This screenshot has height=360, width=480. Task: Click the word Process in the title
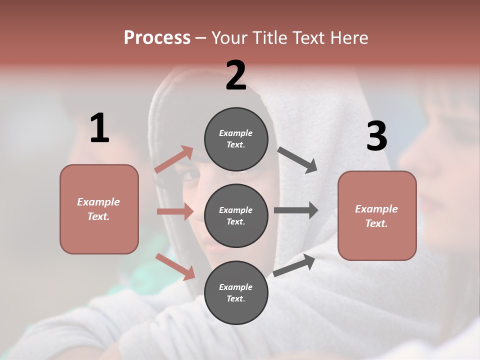click(157, 38)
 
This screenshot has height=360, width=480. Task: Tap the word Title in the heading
click(270, 38)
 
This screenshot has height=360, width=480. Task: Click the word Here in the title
click(347, 38)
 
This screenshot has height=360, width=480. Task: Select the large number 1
click(99, 128)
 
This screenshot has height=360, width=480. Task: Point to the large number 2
click(236, 75)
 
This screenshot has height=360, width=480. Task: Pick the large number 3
click(376, 136)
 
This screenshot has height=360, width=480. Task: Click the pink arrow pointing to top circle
click(174, 159)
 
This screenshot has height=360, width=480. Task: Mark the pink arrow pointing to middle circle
click(175, 211)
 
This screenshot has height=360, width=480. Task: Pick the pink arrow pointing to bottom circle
click(175, 266)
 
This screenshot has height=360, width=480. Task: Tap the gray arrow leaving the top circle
click(297, 159)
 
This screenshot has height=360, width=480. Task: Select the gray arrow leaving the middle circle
click(296, 210)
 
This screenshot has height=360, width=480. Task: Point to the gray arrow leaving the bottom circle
click(294, 265)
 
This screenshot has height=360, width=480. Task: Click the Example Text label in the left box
click(98, 209)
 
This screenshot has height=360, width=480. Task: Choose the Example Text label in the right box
click(376, 216)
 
